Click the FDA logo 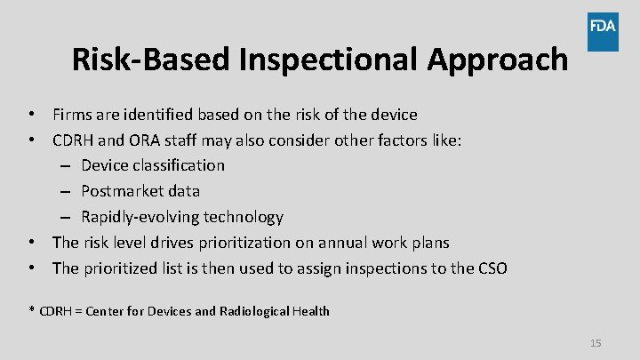602,26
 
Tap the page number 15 596,343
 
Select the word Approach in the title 499,60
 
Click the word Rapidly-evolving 140,217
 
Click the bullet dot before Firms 31,115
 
